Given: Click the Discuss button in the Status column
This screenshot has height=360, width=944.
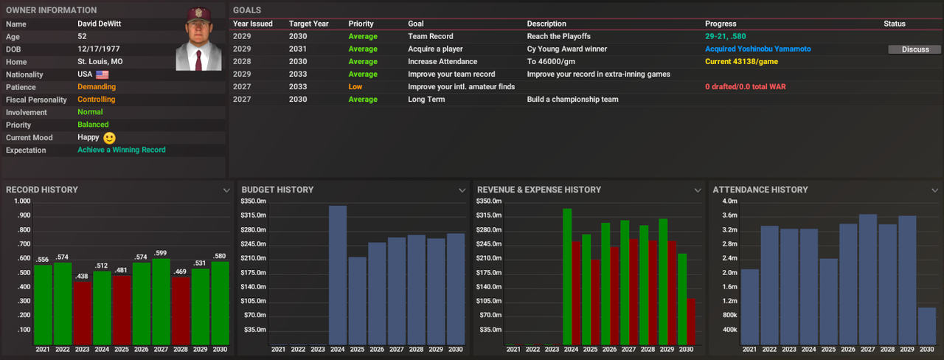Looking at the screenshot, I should [x=915, y=49].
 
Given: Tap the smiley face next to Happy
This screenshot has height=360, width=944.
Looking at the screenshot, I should [x=110, y=138].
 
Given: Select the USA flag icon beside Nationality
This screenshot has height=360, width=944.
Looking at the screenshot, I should [x=102, y=75].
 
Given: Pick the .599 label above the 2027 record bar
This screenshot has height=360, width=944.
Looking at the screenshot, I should [x=161, y=253].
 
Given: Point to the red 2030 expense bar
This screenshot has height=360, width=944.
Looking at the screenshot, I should [x=691, y=320].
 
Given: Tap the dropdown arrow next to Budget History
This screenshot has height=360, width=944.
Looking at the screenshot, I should [x=462, y=190].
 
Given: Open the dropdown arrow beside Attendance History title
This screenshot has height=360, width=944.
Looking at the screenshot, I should [x=934, y=190].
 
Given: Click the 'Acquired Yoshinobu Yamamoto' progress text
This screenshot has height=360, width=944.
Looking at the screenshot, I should [x=757, y=49].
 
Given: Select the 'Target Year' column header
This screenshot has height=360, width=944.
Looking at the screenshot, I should [x=308, y=24].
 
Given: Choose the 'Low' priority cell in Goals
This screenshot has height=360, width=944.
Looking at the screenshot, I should [x=355, y=87].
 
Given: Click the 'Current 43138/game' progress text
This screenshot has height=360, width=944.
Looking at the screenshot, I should [x=742, y=62].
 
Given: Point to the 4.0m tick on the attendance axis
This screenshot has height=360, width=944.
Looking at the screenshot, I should [x=729, y=201].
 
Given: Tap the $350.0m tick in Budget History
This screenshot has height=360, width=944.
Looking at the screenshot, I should [x=253, y=201].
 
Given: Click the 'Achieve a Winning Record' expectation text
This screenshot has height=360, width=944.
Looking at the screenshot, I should [x=122, y=150].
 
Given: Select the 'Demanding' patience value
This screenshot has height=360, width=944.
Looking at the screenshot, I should [x=97, y=87].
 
